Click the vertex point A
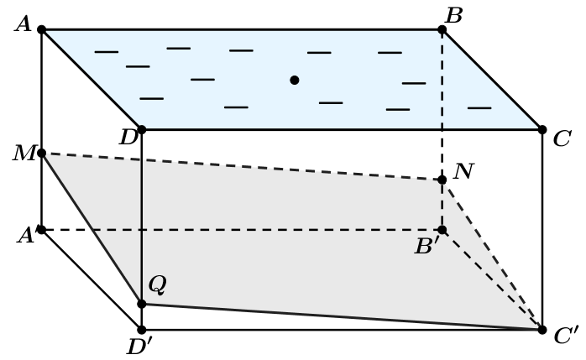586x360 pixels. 42,29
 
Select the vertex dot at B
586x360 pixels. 442,29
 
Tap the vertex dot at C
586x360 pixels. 542,129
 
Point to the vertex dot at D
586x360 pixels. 142,129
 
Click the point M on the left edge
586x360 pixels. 42,153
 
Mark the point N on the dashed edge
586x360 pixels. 442,180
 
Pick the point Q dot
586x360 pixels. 142,304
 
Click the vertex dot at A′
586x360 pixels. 42,230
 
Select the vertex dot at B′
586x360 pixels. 442,230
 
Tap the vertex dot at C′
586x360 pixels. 542,330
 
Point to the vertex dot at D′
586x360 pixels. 142,330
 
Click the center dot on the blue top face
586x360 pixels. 295,80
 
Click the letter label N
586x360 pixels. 463,171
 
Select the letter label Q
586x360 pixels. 157,285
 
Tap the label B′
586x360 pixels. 428,246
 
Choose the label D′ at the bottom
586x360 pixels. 139,347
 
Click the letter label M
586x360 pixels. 24,154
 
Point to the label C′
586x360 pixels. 567,335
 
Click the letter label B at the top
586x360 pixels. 454,16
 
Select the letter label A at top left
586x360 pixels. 24,24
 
